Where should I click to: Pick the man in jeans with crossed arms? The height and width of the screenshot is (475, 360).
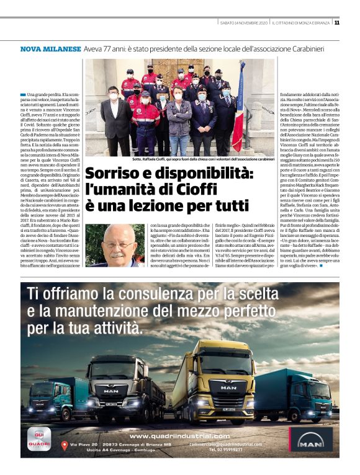pyautogui.click(x=179, y=122)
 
